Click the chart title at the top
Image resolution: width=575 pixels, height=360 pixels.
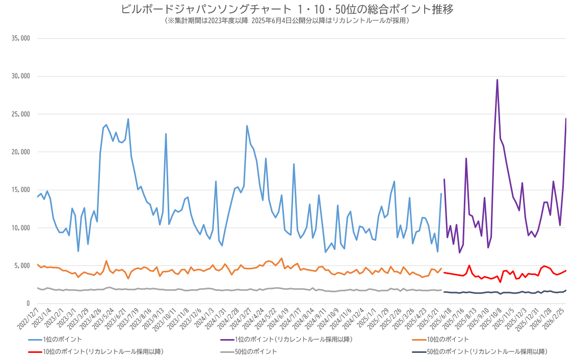[x=287, y=9]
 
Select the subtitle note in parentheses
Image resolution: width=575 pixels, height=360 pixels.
[x=287, y=20]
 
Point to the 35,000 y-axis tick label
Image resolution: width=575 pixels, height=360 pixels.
[x=20, y=38]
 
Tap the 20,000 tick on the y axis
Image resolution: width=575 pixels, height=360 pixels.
[x=20, y=152]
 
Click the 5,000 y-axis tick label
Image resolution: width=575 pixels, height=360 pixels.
[x=22, y=266]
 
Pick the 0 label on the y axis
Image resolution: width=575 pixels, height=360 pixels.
[x=28, y=303]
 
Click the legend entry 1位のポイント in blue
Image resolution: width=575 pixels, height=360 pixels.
[x=55, y=340]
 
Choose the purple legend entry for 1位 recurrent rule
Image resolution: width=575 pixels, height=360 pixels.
[x=286, y=340]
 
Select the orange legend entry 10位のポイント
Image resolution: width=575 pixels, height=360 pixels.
[x=440, y=340]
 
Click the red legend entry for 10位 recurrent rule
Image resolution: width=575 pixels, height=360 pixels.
[x=96, y=351]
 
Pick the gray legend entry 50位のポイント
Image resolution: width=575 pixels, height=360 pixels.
[x=249, y=351]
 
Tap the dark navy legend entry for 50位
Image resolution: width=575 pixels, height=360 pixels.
[x=480, y=351]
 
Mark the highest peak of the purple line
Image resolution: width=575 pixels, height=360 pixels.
[x=497, y=80]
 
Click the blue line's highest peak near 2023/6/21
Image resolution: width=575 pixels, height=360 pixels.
[x=128, y=119]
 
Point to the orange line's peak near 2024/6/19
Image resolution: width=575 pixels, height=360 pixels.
[x=281, y=259]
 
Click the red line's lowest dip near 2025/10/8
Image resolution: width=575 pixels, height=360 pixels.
[x=500, y=282]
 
